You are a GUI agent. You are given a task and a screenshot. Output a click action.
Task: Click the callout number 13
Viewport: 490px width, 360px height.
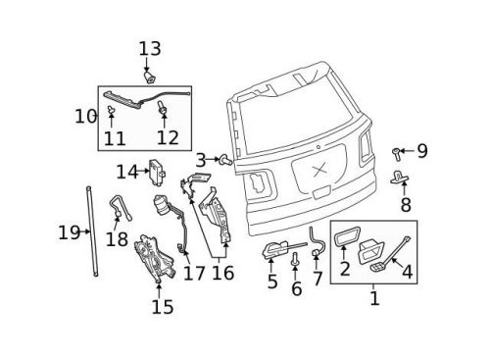[149, 47]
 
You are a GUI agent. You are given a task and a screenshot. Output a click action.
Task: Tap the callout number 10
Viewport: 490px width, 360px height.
[85, 116]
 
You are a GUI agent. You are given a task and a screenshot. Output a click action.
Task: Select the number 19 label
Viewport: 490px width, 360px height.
[67, 232]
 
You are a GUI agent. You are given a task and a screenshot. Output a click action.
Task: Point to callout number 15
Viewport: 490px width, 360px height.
[162, 307]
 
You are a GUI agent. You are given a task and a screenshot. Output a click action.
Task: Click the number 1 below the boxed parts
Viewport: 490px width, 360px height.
[373, 297]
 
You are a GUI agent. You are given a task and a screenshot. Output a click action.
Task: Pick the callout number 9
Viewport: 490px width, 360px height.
[422, 151]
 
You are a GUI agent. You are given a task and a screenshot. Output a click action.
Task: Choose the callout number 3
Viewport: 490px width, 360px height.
[199, 159]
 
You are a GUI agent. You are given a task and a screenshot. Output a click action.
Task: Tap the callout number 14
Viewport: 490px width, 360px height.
[127, 172]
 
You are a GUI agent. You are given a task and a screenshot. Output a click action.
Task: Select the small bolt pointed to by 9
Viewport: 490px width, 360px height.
[398, 152]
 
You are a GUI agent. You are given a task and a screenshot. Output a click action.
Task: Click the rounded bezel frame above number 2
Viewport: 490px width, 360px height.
[346, 238]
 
